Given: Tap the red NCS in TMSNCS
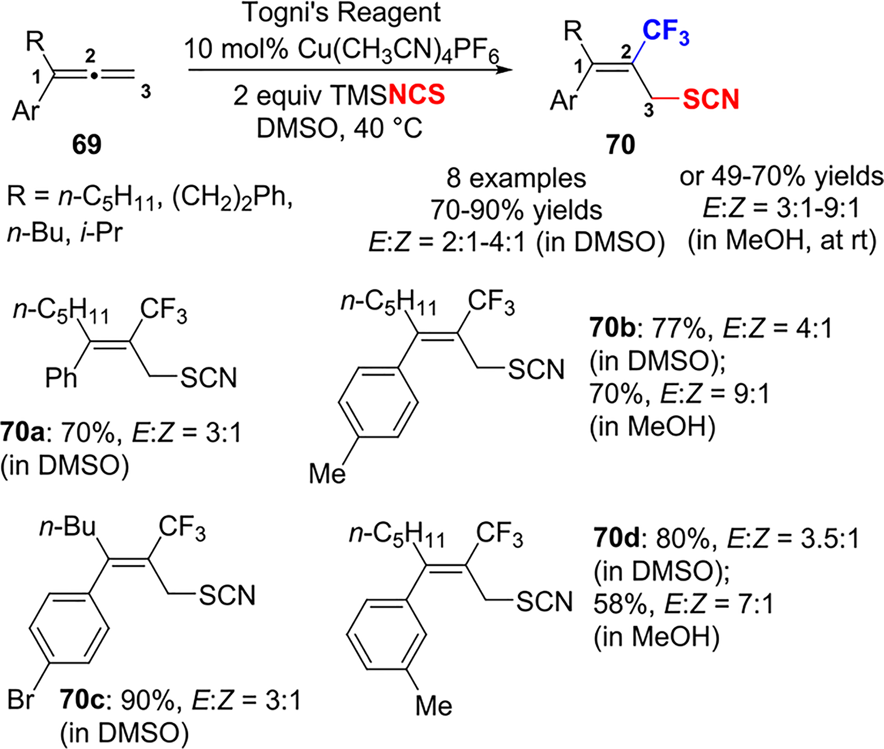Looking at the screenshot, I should coord(417,95).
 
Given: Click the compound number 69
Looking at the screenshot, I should coord(87,144).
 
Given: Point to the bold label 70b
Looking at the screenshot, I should coord(612,329).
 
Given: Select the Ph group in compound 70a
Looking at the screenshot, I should coord(61,378).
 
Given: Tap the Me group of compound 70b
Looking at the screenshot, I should coord(327,474).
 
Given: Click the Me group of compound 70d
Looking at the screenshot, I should coord(434,706).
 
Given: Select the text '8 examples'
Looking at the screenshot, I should coord(516,178).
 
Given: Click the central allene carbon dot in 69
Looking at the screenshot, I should coord(93,76).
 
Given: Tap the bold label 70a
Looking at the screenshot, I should coord(22,433).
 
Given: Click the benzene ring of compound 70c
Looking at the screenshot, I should coord(69,628).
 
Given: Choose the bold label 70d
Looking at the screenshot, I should coord(617,539).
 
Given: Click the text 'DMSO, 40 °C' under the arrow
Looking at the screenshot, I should coord(339,129).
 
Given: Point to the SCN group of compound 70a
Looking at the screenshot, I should coord(208,378).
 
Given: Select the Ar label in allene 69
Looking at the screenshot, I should coord(26,110).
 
